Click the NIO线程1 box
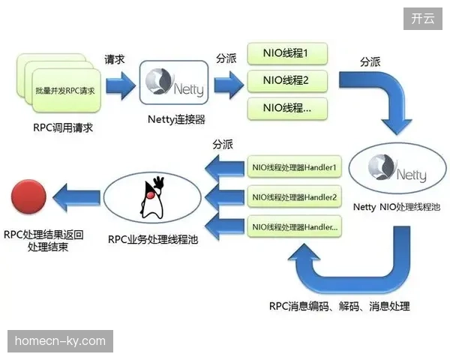pos(287,54)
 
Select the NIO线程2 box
pos(287,81)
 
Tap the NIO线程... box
pos(287,109)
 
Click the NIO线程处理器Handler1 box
pos(295,167)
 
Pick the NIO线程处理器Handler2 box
pos(295,197)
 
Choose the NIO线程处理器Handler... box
pos(295,226)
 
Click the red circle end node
pos(28,196)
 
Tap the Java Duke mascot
pos(152,198)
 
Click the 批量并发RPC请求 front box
pos(67,91)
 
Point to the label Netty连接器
pos(176,119)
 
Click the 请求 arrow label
pos(114,59)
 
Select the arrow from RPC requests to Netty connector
pos(121,85)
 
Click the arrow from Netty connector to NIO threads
pos(229,85)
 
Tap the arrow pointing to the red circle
pos(76,198)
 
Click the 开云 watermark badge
pos(423,19)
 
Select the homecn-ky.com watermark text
pos(60,341)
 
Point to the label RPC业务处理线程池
pos(153,239)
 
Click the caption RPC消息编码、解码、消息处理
pos(340,306)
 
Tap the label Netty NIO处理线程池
pos(397,207)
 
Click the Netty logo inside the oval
pos(397,169)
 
